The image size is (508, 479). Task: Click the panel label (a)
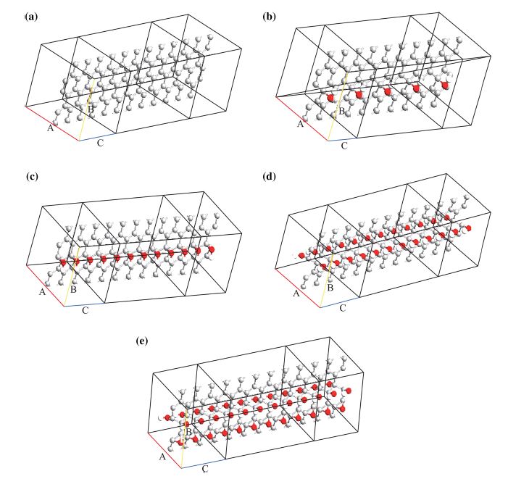click(x=31, y=16)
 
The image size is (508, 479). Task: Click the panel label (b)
click(x=269, y=16)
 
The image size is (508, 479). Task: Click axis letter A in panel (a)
click(x=51, y=128)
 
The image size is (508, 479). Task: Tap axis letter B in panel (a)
click(x=89, y=109)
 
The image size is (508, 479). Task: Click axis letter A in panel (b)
click(x=300, y=125)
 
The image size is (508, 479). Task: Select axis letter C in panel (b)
click(x=344, y=146)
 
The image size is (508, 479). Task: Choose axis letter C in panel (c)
click(x=85, y=311)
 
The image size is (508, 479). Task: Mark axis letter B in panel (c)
click(x=72, y=290)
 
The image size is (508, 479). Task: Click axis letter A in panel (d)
click(x=296, y=293)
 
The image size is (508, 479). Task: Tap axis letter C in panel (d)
click(x=342, y=308)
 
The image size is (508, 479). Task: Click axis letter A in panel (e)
click(x=162, y=457)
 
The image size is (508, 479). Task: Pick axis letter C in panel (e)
click(x=205, y=470)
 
